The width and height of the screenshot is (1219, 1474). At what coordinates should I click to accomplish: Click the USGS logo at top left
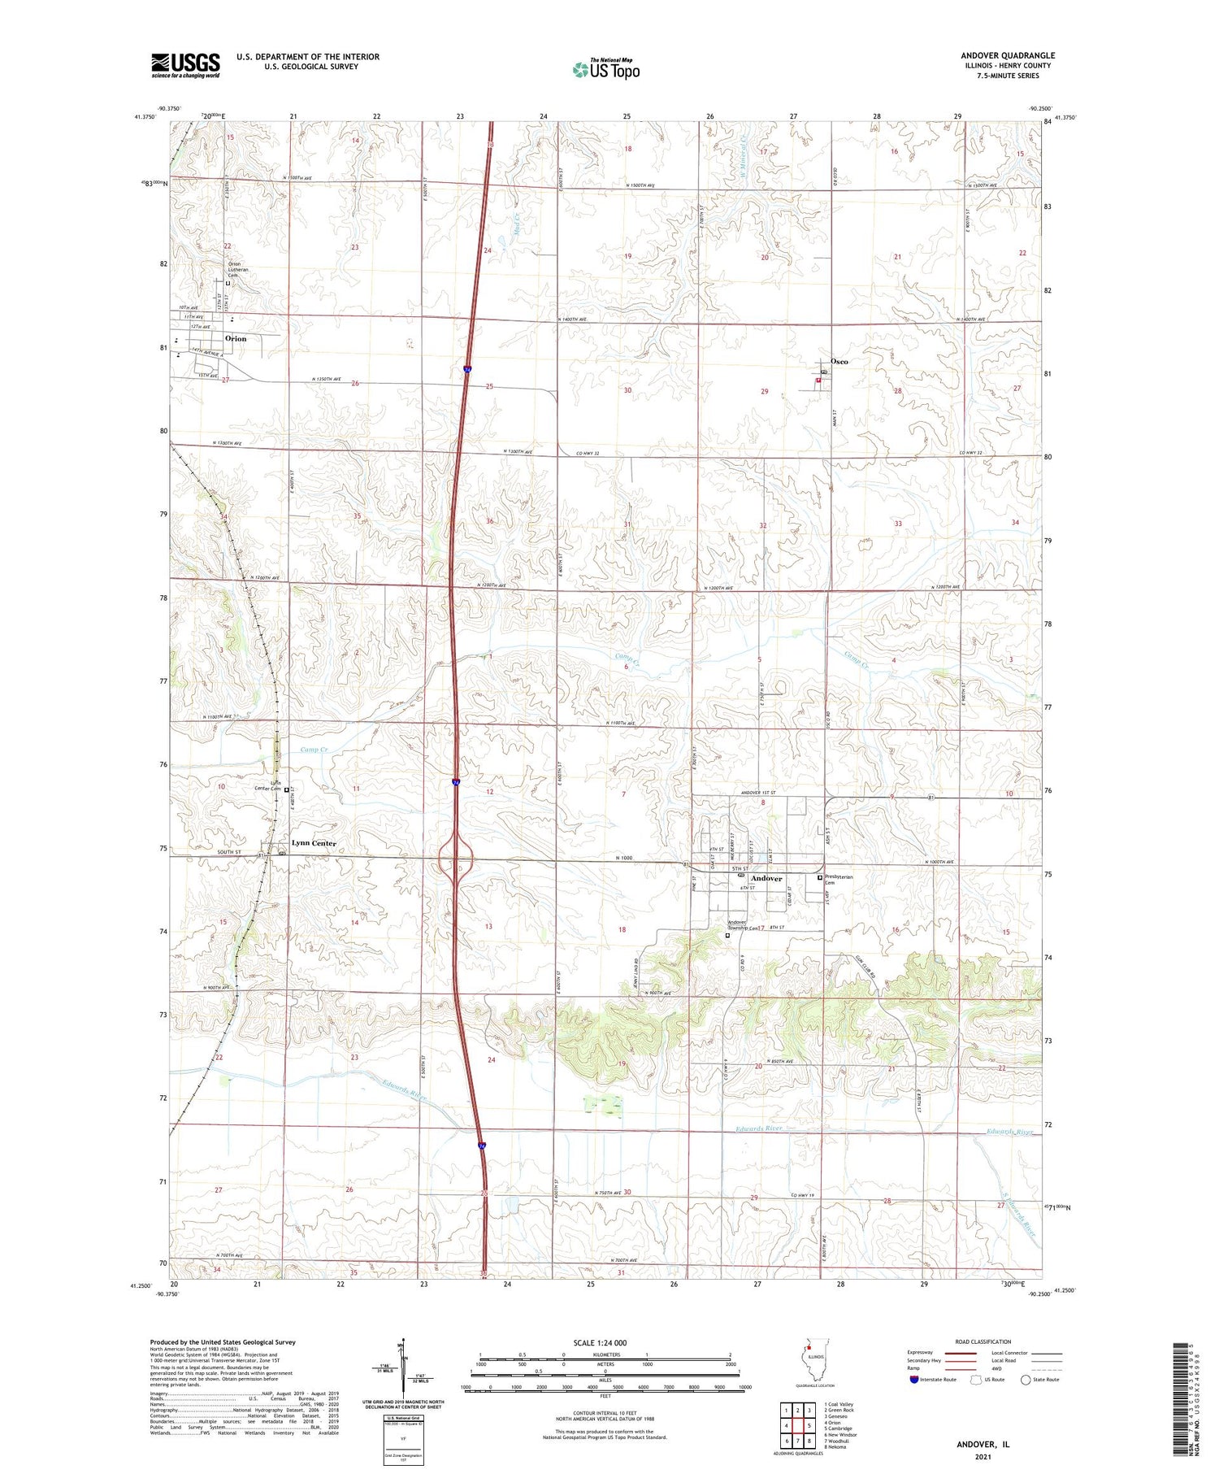point(185,65)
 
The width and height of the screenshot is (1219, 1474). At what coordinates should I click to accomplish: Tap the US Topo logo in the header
point(605,70)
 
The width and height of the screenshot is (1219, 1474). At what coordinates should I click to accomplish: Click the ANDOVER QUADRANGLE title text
point(1008,55)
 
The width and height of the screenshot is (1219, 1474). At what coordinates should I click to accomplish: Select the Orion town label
point(236,338)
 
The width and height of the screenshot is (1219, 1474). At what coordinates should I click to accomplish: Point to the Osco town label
point(839,361)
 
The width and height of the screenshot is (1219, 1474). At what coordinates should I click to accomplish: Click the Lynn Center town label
point(314,843)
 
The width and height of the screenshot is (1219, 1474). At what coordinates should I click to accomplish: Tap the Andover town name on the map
point(766,878)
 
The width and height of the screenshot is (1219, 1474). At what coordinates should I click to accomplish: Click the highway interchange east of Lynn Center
point(457,859)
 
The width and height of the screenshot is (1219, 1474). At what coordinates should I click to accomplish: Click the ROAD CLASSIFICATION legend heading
point(983,1341)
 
